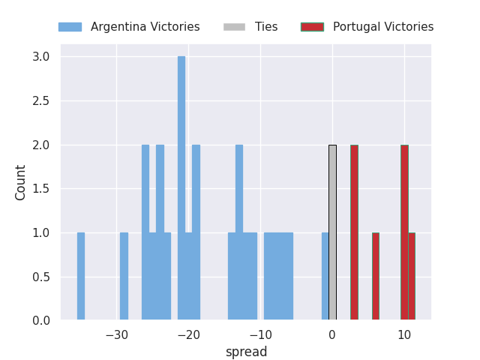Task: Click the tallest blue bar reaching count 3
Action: pyautogui.click(x=181, y=187)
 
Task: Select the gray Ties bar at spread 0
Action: pyautogui.click(x=332, y=232)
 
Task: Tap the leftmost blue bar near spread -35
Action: pyautogui.click(x=80, y=276)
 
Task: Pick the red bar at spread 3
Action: pyautogui.click(x=354, y=232)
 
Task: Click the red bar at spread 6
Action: pyautogui.click(x=375, y=276)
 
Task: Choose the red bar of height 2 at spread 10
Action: pyautogui.click(x=404, y=232)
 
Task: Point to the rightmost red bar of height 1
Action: pyautogui.click(x=412, y=276)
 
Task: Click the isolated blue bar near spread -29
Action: pyautogui.click(x=124, y=276)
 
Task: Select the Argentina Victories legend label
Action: pyautogui.click(x=145, y=27)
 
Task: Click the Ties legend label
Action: pyautogui.click(x=266, y=27)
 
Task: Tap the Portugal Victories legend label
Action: pyautogui.click(x=382, y=27)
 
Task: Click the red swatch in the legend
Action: pyautogui.click(x=312, y=27)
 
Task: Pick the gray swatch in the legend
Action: pyautogui.click(x=234, y=27)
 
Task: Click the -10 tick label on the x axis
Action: pyautogui.click(x=260, y=335)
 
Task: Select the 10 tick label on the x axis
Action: pyautogui.click(x=404, y=335)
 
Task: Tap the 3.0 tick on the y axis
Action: pyautogui.click(x=41, y=57)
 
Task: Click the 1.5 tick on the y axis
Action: pyautogui.click(x=41, y=189)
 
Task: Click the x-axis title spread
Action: pyautogui.click(x=246, y=352)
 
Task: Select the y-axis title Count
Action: pyautogui.click(x=21, y=182)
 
